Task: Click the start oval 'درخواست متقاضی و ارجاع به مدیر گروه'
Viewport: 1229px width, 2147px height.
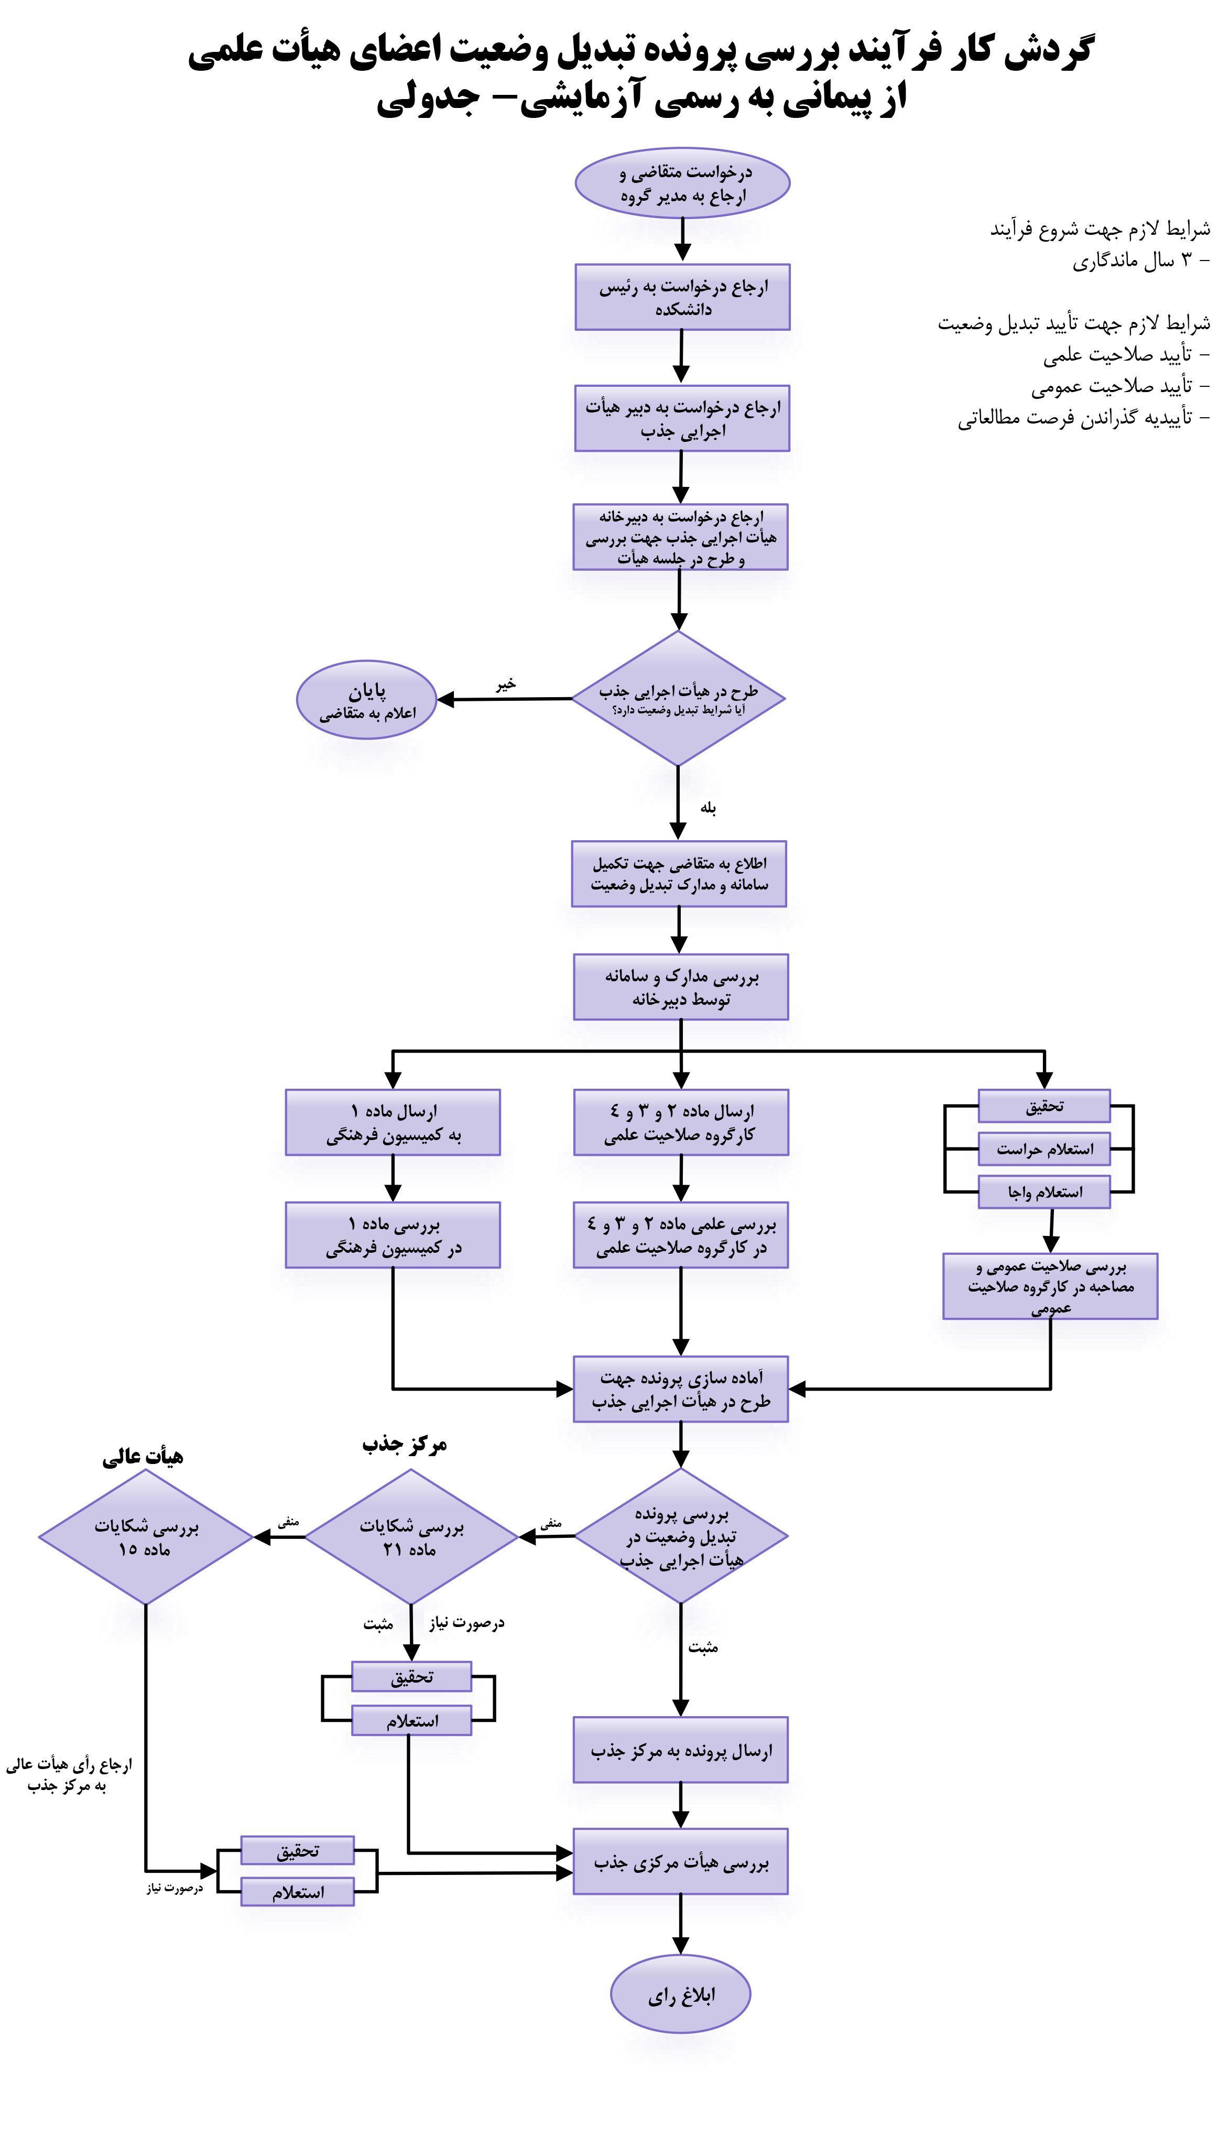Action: click(682, 183)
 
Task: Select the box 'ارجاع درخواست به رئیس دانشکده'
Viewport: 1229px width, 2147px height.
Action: click(682, 297)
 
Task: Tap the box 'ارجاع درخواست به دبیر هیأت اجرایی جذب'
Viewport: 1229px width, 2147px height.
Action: click(682, 419)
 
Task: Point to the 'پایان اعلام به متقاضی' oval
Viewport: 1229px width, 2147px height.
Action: click(366, 700)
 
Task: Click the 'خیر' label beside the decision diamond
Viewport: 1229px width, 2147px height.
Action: click(505, 684)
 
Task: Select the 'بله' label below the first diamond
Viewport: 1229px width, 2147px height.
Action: click(708, 808)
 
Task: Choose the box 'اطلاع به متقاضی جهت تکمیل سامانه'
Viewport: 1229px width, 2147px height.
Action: click(680, 873)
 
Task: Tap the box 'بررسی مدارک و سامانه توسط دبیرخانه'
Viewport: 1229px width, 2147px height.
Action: click(681, 988)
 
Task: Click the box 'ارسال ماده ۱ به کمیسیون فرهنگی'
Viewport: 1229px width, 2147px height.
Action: click(393, 1122)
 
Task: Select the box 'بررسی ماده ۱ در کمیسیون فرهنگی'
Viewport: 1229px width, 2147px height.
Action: click(393, 1235)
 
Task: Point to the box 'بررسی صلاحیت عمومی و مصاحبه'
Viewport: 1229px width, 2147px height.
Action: click(1050, 1286)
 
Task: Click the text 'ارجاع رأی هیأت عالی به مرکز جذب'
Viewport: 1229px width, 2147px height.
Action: click(68, 1775)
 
